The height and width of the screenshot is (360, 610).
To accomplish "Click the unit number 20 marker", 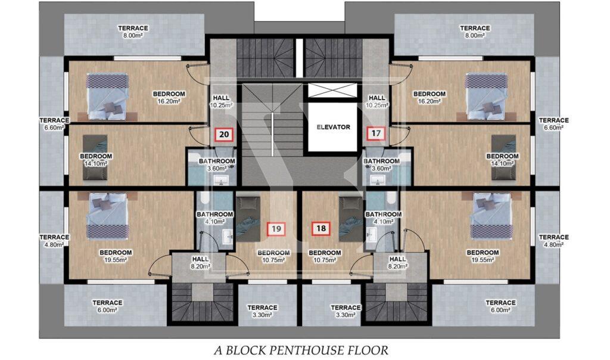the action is tap(224, 135).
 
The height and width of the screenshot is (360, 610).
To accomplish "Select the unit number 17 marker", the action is tap(376, 134).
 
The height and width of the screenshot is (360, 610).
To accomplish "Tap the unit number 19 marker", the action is tap(276, 228).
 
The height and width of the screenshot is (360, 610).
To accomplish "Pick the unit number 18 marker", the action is tap(321, 228).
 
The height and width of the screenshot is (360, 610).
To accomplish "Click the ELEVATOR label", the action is tap(333, 127).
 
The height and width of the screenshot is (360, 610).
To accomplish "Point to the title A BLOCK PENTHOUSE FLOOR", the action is tap(301, 350).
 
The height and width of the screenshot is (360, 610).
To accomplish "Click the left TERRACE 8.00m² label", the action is tap(133, 32).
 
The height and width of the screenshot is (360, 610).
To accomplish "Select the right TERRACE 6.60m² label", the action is tap(553, 124).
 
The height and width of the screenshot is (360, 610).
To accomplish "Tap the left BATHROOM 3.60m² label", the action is tap(217, 165).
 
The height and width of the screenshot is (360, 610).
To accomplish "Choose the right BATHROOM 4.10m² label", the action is tap(383, 218).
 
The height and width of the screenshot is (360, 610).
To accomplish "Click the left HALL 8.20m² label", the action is tap(200, 262).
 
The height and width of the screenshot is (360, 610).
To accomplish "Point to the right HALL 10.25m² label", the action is tap(376, 101).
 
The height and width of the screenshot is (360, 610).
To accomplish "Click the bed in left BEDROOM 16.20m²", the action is tap(107, 97).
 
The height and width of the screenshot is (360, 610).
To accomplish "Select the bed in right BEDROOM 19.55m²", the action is tap(490, 215).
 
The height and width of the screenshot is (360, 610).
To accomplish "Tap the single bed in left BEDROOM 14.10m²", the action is tap(95, 157).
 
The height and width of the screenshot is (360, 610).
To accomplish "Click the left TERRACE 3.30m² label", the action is tap(262, 311).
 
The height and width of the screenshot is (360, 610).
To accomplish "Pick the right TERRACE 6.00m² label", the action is tap(500, 306).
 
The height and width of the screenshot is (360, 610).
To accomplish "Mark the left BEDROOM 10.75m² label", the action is tap(273, 256).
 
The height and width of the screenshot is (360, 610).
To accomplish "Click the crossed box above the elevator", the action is tap(332, 90).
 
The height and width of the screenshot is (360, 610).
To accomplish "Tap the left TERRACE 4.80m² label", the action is tap(54, 241).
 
